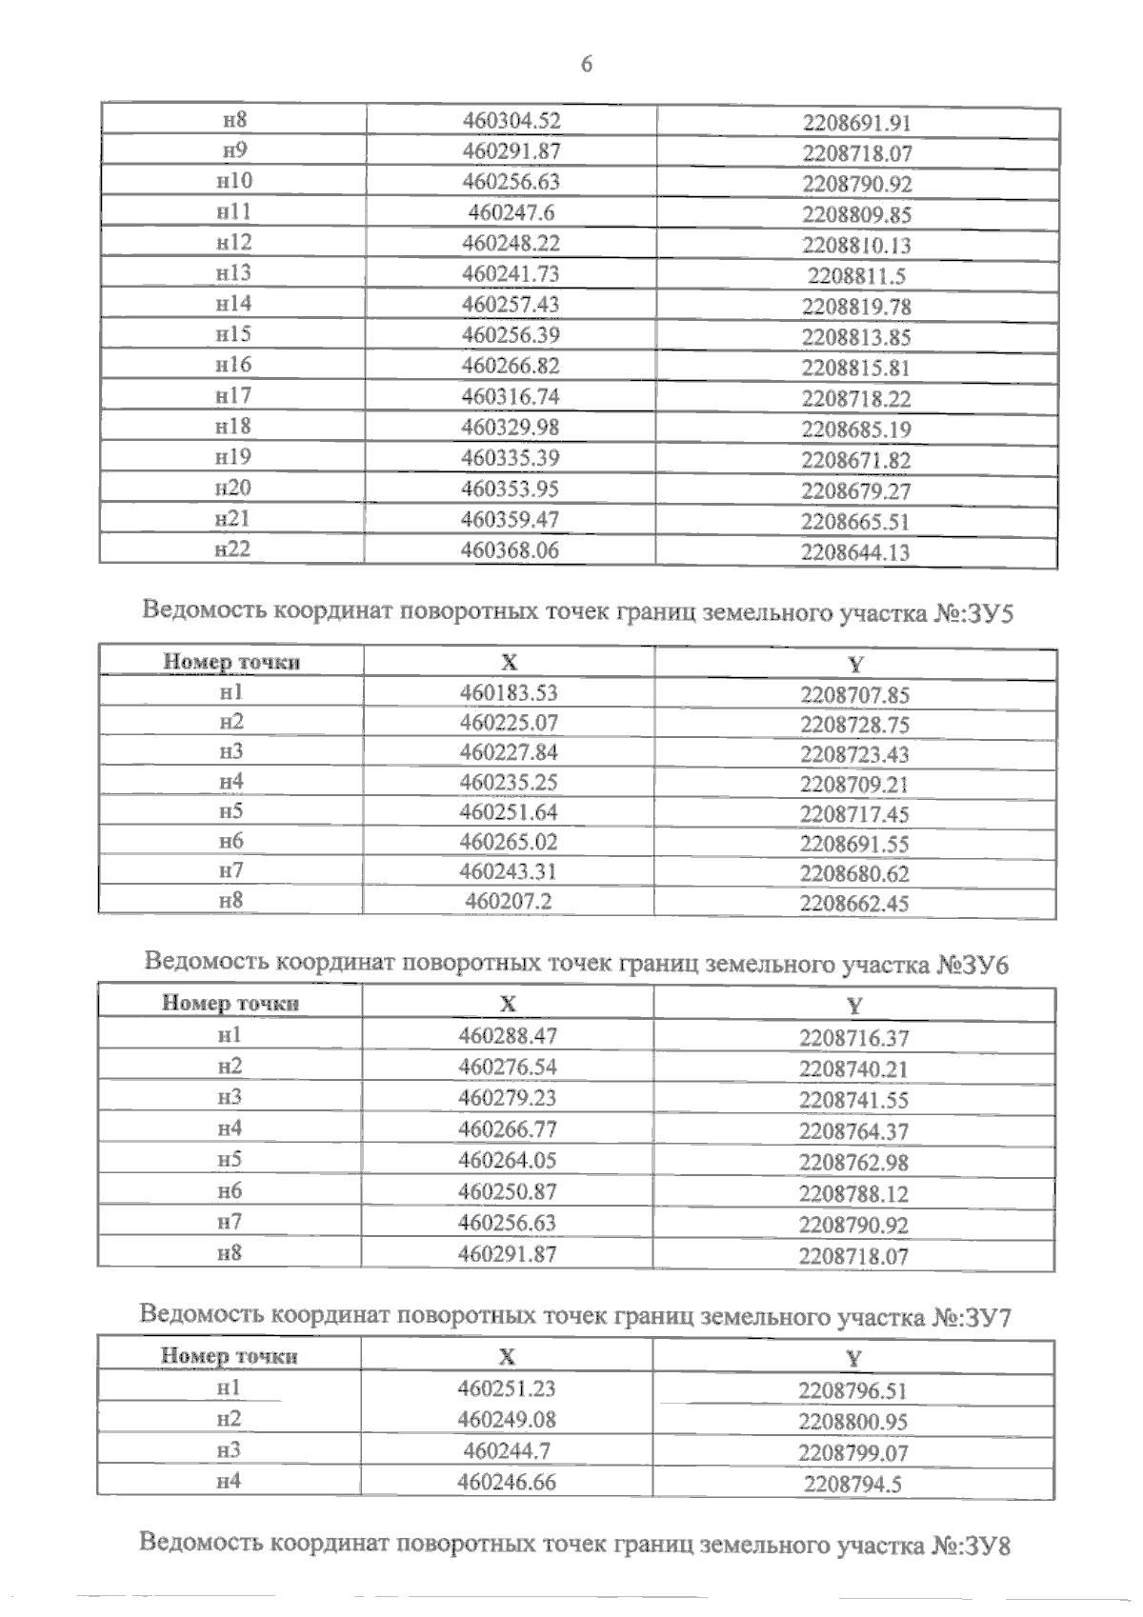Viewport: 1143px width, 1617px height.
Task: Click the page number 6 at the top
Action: coord(587,64)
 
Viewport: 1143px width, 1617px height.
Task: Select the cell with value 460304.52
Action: coord(511,120)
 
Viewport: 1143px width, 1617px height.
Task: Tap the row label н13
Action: coord(233,273)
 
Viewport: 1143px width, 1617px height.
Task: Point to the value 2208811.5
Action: coord(856,276)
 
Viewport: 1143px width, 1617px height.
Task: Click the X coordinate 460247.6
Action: coord(511,212)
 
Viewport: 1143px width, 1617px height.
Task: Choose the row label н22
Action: coord(232,549)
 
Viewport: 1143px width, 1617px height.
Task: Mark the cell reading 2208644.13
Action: coord(855,552)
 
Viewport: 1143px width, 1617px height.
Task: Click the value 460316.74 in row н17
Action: coord(511,396)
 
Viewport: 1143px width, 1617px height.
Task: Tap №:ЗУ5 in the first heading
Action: coord(973,613)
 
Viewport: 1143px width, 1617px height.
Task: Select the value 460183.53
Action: coord(509,692)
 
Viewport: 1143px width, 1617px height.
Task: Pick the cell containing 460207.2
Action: coord(509,901)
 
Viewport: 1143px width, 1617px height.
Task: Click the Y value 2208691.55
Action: coord(854,844)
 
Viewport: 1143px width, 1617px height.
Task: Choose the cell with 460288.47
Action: coord(508,1035)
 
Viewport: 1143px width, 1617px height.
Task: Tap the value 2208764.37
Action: coord(853,1131)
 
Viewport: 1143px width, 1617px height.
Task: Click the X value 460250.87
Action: coord(508,1191)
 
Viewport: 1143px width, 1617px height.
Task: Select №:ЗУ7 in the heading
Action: coord(972,1318)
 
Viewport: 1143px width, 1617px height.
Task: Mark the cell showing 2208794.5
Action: coord(853,1485)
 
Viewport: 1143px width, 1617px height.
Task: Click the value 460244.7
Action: coord(507,1450)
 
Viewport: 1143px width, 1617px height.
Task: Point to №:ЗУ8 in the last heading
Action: coord(971,1545)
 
